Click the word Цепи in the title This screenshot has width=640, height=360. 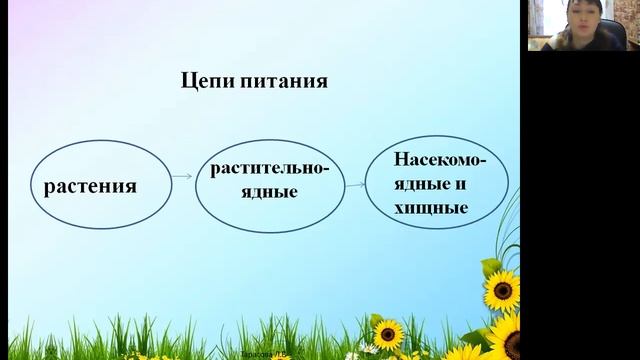(205, 81)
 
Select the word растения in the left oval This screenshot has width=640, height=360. (89, 186)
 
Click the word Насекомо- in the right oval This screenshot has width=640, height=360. (439, 161)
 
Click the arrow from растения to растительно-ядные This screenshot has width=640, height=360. (181, 177)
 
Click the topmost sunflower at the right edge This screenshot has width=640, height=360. (502, 291)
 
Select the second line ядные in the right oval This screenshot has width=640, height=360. (420, 185)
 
